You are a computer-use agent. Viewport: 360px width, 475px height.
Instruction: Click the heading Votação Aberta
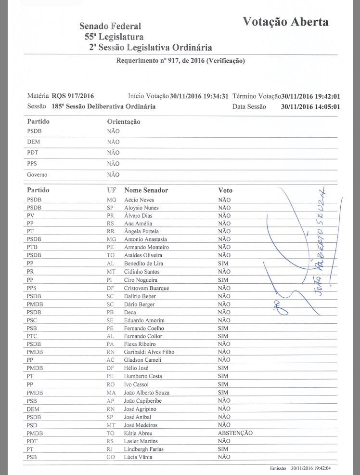(x=285, y=22)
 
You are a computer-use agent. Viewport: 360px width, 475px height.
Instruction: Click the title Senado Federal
(x=110, y=26)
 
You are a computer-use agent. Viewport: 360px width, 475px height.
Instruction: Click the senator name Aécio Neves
(x=139, y=199)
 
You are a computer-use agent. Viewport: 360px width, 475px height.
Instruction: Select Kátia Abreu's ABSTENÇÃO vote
(x=235, y=433)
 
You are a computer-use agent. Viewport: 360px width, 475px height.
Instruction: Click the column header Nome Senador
(x=146, y=190)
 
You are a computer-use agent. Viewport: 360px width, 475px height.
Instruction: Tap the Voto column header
(x=225, y=190)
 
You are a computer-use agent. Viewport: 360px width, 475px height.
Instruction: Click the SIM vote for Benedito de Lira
(x=223, y=264)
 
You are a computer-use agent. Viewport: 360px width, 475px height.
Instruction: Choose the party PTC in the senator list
(x=33, y=336)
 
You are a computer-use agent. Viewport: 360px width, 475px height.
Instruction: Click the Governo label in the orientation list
(x=37, y=175)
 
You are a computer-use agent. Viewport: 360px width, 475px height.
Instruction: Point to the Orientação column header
(x=123, y=122)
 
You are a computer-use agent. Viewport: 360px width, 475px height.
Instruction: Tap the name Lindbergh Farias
(x=143, y=449)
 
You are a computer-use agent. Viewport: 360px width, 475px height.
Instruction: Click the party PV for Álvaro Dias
(x=30, y=215)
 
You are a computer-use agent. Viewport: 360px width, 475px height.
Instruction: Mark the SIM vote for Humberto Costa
(x=223, y=376)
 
